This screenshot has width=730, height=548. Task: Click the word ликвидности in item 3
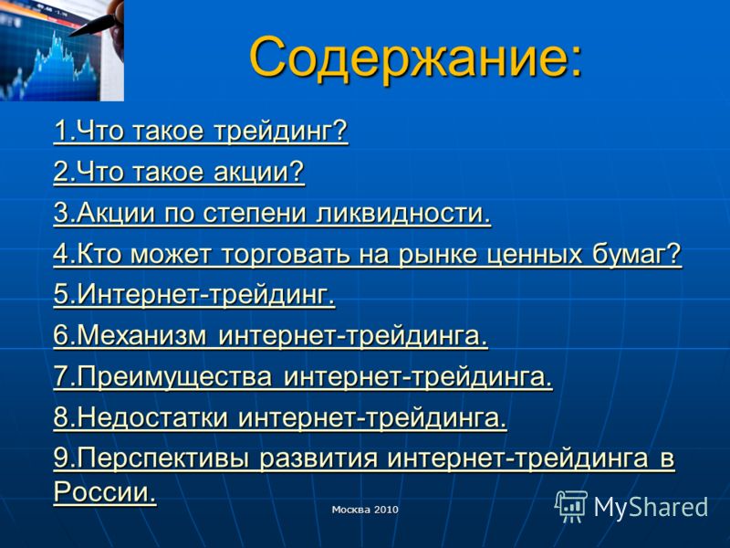pyautogui.click(x=403, y=213)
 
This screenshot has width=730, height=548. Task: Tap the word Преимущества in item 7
pyautogui.click(x=174, y=376)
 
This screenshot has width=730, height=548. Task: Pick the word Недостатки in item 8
pyautogui.click(x=152, y=417)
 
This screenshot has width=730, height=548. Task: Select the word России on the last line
pyautogui.click(x=105, y=491)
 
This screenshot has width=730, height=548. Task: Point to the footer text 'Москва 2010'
pyautogui.click(x=365, y=510)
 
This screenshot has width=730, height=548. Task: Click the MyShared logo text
pyautogui.click(x=651, y=507)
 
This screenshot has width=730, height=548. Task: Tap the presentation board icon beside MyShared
pyautogui.click(x=571, y=506)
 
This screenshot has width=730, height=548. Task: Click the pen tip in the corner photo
pyautogui.click(x=72, y=36)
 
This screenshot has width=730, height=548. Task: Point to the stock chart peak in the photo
pyautogui.click(x=56, y=34)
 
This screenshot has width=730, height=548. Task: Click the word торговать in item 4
pyautogui.click(x=286, y=255)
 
